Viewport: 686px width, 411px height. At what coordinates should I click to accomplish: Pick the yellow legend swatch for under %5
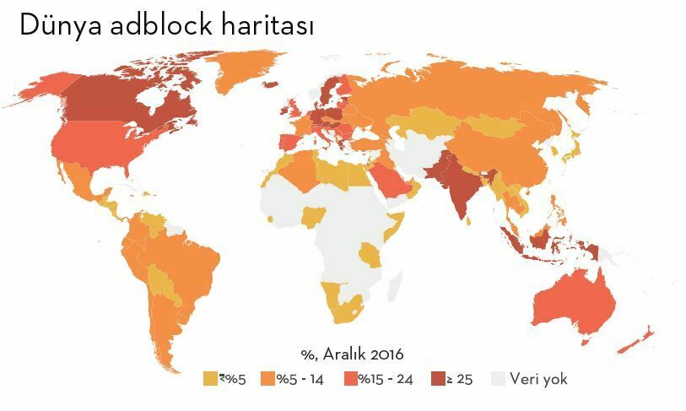pyautogui.click(x=210, y=379)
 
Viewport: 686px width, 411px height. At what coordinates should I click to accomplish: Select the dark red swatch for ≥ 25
pyautogui.click(x=438, y=379)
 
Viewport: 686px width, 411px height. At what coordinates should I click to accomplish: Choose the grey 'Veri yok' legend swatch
pyautogui.click(x=500, y=379)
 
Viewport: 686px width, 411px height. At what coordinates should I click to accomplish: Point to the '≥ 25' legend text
pyautogui.click(x=460, y=379)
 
